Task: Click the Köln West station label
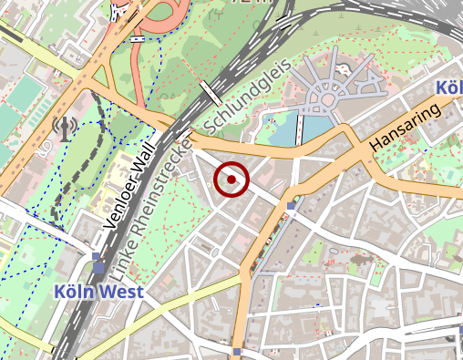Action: [98, 293]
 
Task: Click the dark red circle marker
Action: [231, 180]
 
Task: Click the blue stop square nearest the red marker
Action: [291, 207]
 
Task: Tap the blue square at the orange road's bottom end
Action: [237, 352]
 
